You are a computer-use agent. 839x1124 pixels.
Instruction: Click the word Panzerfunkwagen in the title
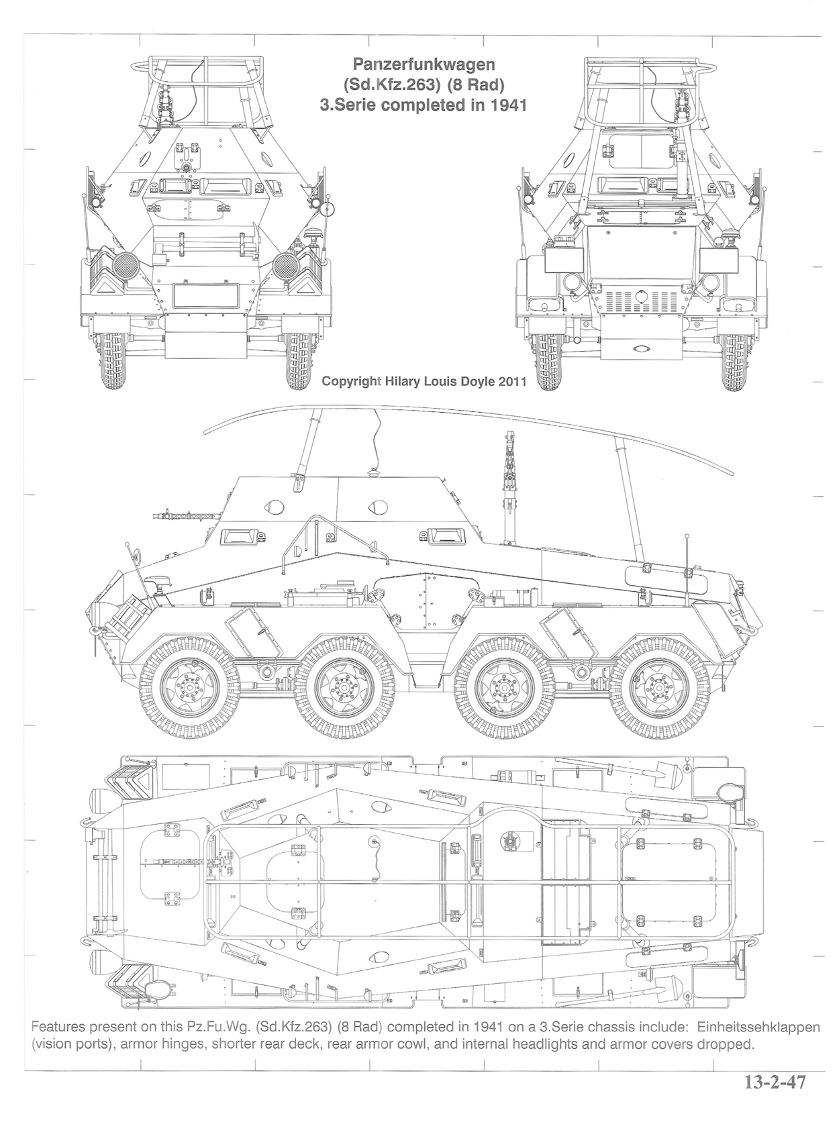click(x=424, y=64)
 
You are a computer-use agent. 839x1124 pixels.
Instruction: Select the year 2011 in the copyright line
click(x=509, y=382)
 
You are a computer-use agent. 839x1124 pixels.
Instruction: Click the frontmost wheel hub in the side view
click(x=190, y=686)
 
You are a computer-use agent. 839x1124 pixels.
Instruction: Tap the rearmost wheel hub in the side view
click(x=658, y=686)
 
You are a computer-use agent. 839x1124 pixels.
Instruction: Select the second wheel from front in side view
click(x=345, y=686)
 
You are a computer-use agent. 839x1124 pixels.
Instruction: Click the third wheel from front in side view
click(x=505, y=686)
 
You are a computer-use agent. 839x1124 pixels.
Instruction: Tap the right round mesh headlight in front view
click(x=285, y=265)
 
